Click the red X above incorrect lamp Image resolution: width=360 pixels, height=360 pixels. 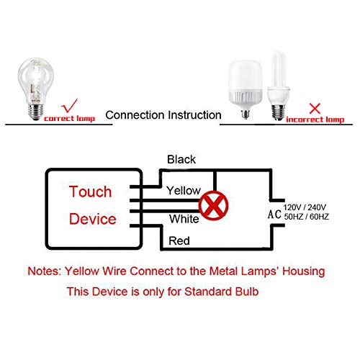pyautogui.click(x=314, y=109)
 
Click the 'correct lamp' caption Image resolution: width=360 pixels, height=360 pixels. pyautogui.click(x=69, y=117)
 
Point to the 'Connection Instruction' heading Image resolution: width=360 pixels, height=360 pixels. pyautogui.click(x=164, y=115)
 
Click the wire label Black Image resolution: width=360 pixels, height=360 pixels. pyautogui.click(x=181, y=159)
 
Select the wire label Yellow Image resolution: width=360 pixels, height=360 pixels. pyautogui.click(x=184, y=191)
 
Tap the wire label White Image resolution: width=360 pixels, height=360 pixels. pyautogui.click(x=184, y=218)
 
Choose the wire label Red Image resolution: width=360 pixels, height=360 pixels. pyautogui.click(x=179, y=241)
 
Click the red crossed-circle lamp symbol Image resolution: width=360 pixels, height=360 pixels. pyautogui.click(x=213, y=204)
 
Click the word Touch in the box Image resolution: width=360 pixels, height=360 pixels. pyautogui.click(x=91, y=192)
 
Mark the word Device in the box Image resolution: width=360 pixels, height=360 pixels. pyautogui.click(x=92, y=219)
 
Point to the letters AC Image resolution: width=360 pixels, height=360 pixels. pyautogui.click(x=274, y=214)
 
